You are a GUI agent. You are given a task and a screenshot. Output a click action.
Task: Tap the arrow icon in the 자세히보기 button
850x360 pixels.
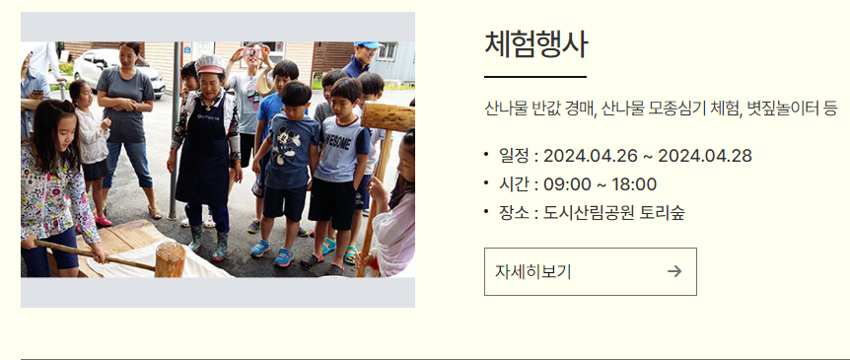click(x=674, y=271)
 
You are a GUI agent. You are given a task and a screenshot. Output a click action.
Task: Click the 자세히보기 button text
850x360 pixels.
click(x=533, y=271)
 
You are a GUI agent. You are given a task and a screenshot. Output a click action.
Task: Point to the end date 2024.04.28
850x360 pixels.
click(x=705, y=155)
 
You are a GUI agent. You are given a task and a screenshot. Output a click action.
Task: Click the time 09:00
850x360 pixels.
click(x=565, y=183)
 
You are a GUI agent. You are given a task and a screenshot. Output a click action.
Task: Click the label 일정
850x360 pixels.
click(x=514, y=155)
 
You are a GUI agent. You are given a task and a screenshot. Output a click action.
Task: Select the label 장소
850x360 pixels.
click(x=514, y=212)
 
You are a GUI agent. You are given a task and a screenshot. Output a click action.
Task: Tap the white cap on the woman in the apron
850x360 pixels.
click(x=210, y=63)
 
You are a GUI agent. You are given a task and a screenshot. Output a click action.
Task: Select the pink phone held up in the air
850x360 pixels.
click(x=252, y=51)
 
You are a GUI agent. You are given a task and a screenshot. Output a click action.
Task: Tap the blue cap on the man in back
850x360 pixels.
click(x=367, y=45)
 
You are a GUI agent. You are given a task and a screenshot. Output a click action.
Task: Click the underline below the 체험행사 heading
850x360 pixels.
click(x=535, y=76)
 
